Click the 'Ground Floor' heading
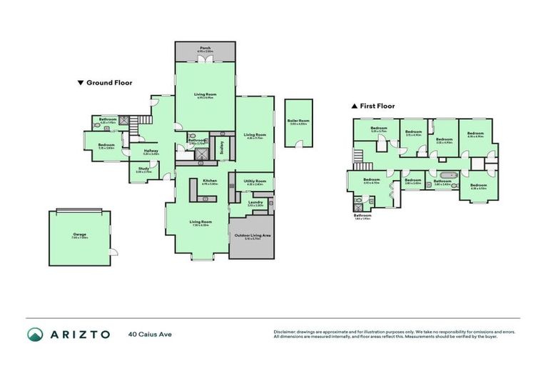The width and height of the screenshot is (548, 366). coord(109,83)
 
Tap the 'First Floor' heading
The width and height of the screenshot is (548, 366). coord(377,106)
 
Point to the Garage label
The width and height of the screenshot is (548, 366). coord(79,234)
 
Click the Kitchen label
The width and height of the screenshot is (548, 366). coord(210,181)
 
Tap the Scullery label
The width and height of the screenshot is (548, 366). coord(222,147)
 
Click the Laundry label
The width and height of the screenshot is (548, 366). coord(255,202)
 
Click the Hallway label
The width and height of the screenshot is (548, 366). coord(151,151)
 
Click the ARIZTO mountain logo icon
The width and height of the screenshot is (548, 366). coord(35,334)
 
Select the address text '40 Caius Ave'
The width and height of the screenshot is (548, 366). coord(151,334)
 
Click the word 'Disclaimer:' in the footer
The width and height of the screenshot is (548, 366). coord(287,332)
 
